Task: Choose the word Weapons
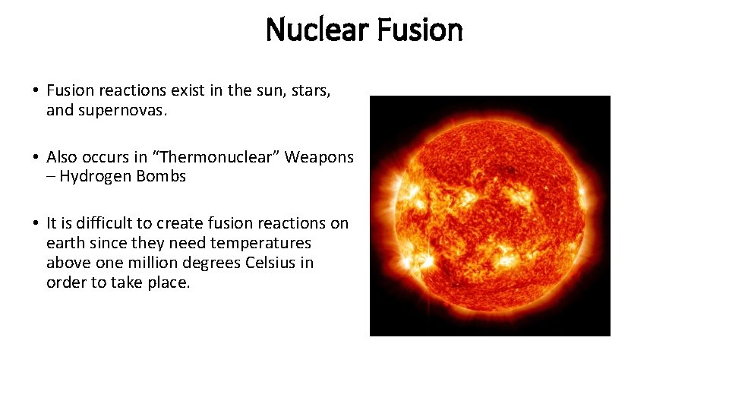coord(319,157)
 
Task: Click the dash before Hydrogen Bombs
coord(51,177)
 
